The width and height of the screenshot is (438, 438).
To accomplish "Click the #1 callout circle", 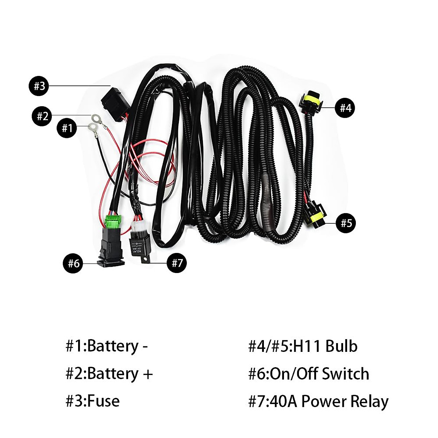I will coord(67,129).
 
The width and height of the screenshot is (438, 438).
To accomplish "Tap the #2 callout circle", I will coord(43,116).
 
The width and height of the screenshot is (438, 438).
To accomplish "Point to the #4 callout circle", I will coord(345,108).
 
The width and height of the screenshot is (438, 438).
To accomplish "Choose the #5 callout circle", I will coord(346,223).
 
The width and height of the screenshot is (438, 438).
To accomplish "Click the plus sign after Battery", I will coord(147,374).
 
